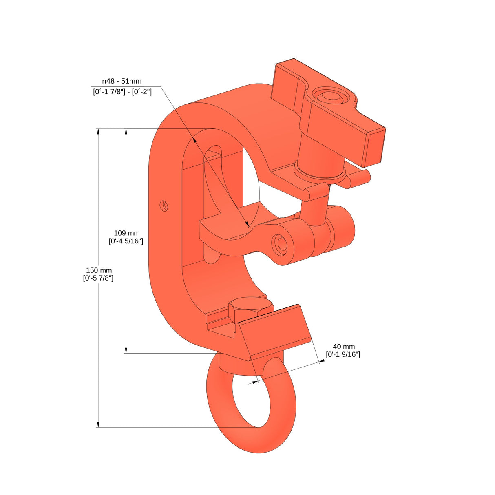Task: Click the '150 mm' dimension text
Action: click(99, 270)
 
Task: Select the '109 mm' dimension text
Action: click(126, 233)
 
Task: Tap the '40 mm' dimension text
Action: click(343, 346)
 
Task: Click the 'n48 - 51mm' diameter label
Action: click(122, 81)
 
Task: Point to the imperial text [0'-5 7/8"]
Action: click(98, 278)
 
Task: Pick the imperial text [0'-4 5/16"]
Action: click(126, 241)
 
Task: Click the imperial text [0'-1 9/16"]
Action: click(343, 355)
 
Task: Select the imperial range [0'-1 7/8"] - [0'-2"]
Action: click(122, 92)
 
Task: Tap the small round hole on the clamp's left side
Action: click(164, 205)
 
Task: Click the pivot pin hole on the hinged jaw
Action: click(281, 244)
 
